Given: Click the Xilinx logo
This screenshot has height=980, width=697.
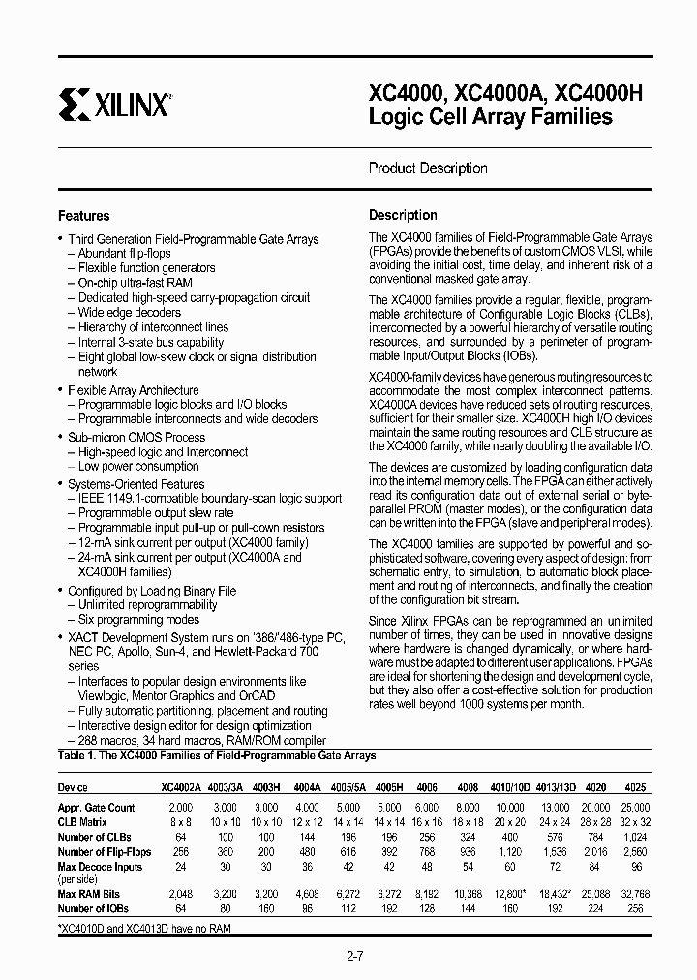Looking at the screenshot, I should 114,102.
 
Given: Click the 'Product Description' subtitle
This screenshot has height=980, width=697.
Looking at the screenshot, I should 427,168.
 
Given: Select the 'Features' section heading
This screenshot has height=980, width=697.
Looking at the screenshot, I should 84,216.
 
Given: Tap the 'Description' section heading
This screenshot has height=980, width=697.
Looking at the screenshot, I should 403,215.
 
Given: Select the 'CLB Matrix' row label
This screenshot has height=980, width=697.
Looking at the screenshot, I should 82,822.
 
